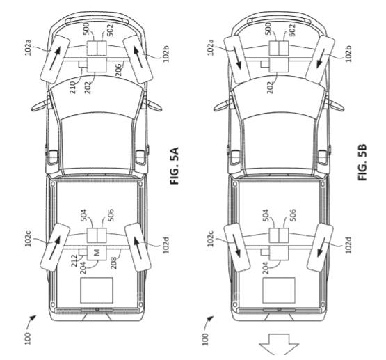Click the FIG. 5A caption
click(x=174, y=166)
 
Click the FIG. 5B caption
click(x=362, y=162)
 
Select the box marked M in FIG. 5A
click(x=96, y=253)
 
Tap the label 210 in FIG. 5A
click(x=73, y=87)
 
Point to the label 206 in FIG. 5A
click(x=118, y=70)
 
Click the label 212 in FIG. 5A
click(x=74, y=261)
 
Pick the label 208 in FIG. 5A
click(x=113, y=263)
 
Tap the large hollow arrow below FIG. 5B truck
click(x=279, y=344)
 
